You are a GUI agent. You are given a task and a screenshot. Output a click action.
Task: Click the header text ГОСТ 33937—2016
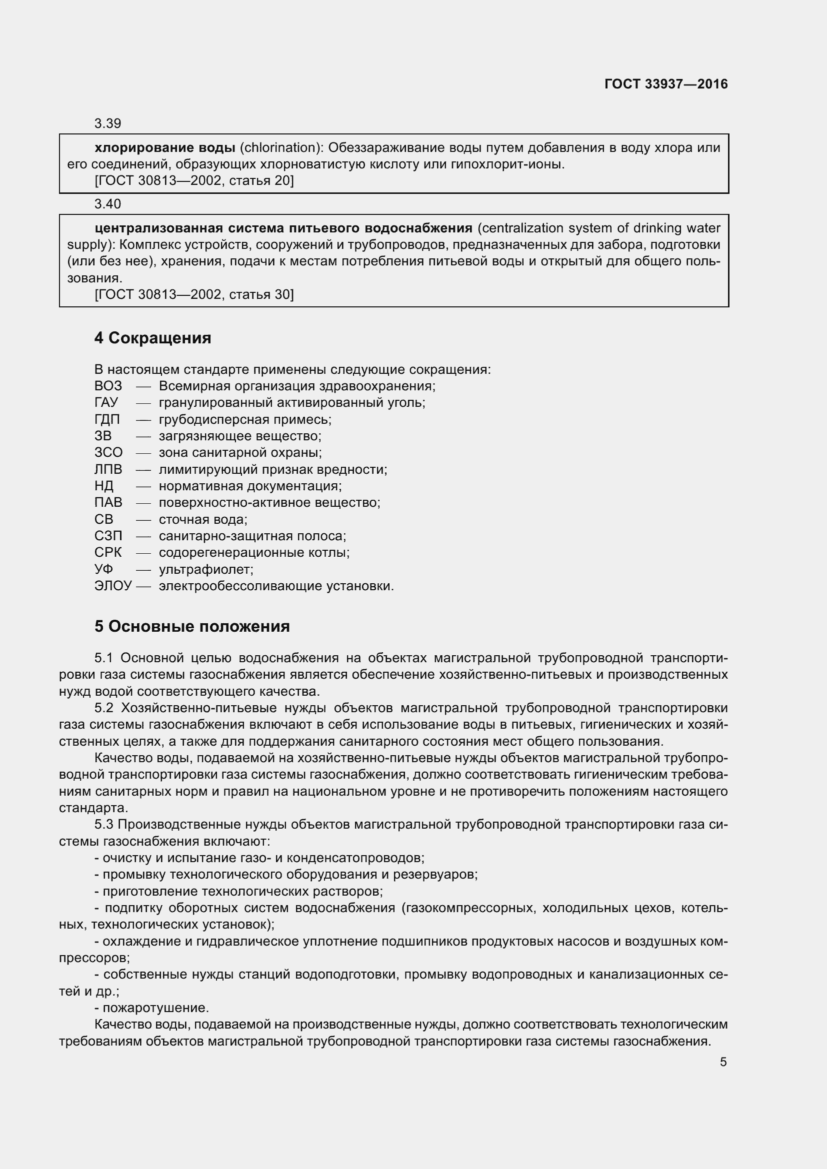[665, 84]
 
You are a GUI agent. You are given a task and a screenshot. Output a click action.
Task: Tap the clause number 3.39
[107, 124]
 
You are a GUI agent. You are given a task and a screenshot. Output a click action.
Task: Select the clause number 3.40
[107, 204]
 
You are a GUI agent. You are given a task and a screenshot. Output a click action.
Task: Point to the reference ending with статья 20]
[194, 181]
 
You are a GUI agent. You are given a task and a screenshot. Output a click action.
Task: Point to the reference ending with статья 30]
[194, 294]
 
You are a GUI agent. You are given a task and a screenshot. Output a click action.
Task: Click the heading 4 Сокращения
[153, 338]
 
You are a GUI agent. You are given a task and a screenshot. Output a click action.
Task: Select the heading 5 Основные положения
[192, 626]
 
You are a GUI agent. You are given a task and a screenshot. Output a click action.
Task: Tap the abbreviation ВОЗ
[108, 386]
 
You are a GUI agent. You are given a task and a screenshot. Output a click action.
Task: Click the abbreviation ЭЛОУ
[113, 586]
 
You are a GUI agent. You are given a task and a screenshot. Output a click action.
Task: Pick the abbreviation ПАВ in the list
[108, 502]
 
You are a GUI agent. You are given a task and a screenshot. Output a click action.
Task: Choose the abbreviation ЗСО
[108, 453]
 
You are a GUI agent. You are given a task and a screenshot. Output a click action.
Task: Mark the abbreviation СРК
[108, 552]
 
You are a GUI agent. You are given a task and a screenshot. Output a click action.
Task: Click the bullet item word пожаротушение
[155, 1008]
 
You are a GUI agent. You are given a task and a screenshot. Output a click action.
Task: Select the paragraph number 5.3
[103, 824]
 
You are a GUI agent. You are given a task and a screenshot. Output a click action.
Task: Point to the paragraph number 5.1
[103, 658]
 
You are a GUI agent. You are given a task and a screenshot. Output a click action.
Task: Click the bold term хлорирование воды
[164, 147]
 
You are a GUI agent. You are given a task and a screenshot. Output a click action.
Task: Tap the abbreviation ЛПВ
[108, 469]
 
